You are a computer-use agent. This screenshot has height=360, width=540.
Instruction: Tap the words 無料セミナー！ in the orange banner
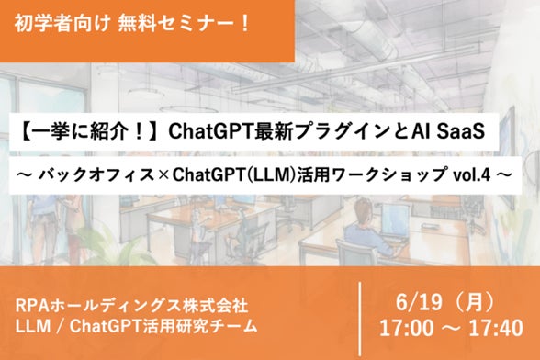pos(184,24)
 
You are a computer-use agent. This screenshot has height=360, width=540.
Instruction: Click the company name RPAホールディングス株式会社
pos(131,306)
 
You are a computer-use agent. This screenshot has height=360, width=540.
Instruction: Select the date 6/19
pos(419,303)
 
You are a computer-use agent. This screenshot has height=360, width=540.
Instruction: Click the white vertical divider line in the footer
pos(361,319)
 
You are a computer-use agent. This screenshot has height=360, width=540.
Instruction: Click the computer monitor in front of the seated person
pos(394,219)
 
